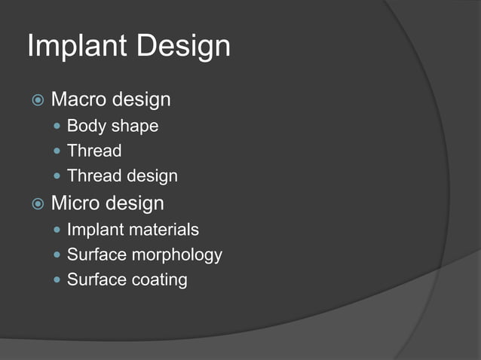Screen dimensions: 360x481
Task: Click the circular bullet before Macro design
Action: (37, 100)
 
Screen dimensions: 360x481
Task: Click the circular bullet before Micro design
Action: (37, 204)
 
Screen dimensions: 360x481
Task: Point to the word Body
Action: (84, 126)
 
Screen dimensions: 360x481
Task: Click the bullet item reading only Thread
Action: (94, 151)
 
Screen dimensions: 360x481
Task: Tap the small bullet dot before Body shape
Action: (58, 126)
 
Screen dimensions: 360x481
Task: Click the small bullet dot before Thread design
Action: (58, 176)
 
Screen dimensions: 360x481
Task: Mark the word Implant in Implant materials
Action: (93, 229)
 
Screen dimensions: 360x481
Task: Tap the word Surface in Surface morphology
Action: (97, 255)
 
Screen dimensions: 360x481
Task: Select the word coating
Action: (159, 280)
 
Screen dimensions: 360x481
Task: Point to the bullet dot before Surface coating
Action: (58, 280)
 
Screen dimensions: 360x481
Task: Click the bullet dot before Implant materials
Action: (58, 229)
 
